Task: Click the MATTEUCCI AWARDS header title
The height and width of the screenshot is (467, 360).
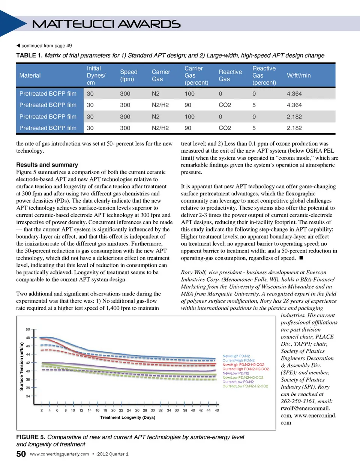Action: (x=106, y=24)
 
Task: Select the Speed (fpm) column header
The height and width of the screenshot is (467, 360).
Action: (x=129, y=75)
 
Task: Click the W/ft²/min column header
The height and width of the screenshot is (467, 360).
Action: (x=298, y=75)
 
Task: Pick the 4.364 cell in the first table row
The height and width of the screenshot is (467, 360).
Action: (x=294, y=94)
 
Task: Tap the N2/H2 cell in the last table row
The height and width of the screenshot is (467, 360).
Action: (x=160, y=128)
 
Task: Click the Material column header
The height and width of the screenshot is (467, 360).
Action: (x=30, y=75)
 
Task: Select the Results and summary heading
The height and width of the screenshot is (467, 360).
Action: (x=47, y=165)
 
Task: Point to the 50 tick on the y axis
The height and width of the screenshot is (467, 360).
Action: (x=28, y=329)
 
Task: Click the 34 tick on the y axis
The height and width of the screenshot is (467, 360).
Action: (x=28, y=396)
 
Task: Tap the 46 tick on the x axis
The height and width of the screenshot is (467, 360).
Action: (x=217, y=410)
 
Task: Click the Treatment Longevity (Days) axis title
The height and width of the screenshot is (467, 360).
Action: (x=127, y=417)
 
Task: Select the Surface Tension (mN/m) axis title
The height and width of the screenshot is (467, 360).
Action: (x=21, y=366)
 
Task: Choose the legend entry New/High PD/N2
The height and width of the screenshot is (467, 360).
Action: (x=236, y=356)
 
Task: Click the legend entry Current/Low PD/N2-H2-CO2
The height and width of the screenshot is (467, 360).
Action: (x=245, y=386)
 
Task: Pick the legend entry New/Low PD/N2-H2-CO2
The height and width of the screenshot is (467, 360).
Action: (x=243, y=378)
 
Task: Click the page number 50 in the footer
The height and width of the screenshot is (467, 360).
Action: (x=21, y=454)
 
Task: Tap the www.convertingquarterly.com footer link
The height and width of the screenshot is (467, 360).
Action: (x=59, y=454)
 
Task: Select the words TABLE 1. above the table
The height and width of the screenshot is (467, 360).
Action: (x=29, y=56)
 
